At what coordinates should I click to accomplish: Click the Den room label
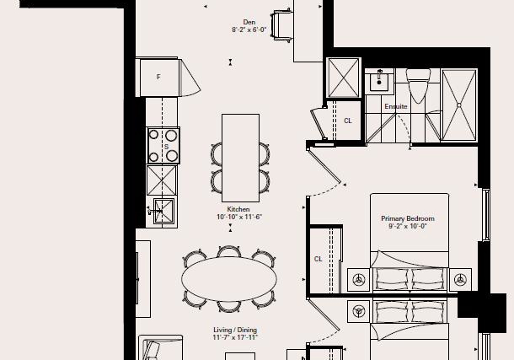coord(249,22)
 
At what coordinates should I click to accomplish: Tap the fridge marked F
coord(158,77)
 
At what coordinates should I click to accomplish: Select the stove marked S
coord(163,146)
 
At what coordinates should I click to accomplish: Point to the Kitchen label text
coord(238,209)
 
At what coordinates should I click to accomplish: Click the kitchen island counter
coord(241,158)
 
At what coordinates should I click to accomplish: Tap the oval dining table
coord(229,279)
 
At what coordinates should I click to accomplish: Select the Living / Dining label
coord(235,330)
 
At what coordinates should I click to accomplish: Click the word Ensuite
coord(396,106)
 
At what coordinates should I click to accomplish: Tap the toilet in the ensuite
coord(418,86)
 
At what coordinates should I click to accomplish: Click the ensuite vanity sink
coord(380,82)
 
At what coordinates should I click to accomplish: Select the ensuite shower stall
coord(459,105)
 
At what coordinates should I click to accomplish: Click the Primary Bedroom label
coord(408,218)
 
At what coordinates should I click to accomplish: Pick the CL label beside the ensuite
coord(348,121)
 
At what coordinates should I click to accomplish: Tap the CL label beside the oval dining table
coord(318,259)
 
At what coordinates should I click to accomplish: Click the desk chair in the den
coord(282,25)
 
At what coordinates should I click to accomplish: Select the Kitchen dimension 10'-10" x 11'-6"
coord(239,217)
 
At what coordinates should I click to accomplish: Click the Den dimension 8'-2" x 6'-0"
coord(249,30)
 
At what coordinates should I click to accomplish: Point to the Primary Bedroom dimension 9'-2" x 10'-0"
coord(408,226)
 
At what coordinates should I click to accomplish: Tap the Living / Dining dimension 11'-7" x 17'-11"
coord(235,338)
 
